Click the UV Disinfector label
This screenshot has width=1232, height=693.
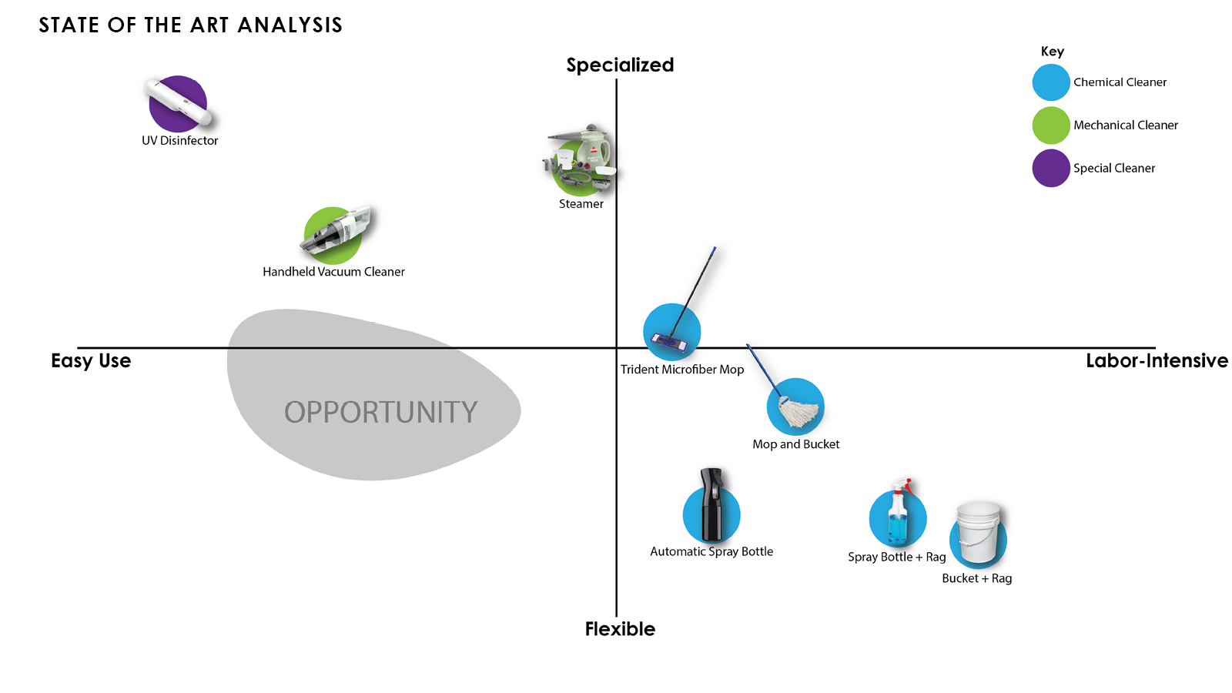point(179,140)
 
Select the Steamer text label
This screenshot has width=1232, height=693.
point(581,204)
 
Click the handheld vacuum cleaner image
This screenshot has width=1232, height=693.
point(336,233)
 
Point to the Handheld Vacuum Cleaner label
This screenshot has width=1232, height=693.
point(333,272)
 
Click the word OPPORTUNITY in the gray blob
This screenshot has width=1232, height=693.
point(380,413)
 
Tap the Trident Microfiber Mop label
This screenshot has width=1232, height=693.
point(682,370)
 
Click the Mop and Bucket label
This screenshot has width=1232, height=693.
point(795,444)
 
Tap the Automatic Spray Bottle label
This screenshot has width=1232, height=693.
point(711,551)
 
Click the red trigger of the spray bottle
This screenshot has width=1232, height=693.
point(907,487)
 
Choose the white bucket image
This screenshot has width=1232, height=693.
point(979,533)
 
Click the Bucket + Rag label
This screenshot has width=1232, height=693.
point(976,578)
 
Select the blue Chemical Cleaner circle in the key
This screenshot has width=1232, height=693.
point(1051,82)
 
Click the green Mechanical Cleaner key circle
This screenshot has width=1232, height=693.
point(1051,126)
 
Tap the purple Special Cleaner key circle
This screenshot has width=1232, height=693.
point(1051,169)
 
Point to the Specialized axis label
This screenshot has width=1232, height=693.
point(620,65)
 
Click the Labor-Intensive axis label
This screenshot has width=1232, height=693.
point(1157,361)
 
